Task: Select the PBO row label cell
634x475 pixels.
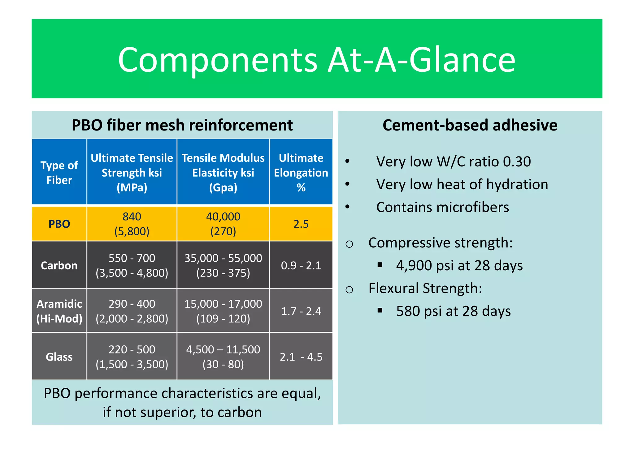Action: coord(59,224)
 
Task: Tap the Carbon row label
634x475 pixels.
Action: coord(59,266)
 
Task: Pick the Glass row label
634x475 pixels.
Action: coord(59,357)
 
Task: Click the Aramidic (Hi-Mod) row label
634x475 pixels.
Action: coord(59,311)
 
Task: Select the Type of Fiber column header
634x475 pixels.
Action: coord(59,173)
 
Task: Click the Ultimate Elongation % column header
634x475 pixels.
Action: coord(301,173)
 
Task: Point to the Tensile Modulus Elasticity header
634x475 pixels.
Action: coord(223,173)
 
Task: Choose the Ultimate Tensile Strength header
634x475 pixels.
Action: coord(132,173)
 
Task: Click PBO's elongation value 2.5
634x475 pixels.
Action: coord(301,224)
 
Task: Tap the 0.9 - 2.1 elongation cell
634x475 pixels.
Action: coord(301,266)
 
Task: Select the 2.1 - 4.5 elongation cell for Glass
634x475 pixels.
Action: coord(301,357)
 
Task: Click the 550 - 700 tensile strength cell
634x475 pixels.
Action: coord(132,258)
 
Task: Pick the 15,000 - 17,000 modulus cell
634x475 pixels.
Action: coord(223,304)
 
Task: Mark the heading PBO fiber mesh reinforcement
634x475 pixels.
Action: coord(182,125)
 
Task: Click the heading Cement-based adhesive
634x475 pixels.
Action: coord(470,125)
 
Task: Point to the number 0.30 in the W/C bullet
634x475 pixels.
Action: coord(517,162)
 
